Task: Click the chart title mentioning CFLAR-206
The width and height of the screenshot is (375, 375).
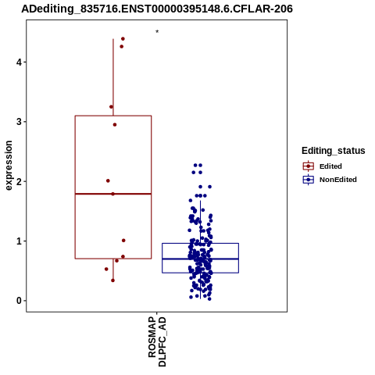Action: [x=157, y=9]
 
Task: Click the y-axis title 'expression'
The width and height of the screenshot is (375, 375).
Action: [x=9, y=166]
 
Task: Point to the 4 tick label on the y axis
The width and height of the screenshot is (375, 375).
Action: [x=19, y=62]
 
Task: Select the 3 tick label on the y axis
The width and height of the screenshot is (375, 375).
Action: [x=19, y=122]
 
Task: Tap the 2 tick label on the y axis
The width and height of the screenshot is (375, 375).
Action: [x=19, y=181]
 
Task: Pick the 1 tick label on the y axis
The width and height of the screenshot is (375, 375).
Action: [x=19, y=241]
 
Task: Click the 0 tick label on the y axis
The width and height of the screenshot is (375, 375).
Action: [x=19, y=301]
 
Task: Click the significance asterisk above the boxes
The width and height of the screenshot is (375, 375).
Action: [x=157, y=32]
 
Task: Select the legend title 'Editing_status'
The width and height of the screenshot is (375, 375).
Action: [x=334, y=151]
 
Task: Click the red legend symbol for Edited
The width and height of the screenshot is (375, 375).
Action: [x=309, y=166]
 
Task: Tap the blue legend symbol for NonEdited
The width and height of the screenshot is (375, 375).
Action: [x=309, y=180]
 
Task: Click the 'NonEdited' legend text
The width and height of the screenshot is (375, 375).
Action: [x=338, y=180]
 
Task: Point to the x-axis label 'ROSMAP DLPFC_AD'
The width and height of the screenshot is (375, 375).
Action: [x=157, y=341]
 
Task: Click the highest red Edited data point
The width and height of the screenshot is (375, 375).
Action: [x=123, y=39]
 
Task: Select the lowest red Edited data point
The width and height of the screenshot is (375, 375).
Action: [x=112, y=280]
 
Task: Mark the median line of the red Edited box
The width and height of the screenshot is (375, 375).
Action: [x=113, y=194]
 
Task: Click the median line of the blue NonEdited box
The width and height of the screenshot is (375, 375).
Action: [x=200, y=259]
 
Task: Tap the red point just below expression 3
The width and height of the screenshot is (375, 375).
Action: [x=115, y=125]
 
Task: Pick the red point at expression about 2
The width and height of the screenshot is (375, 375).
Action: [x=108, y=180]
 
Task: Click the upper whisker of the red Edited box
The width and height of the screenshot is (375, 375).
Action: [x=113, y=77]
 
